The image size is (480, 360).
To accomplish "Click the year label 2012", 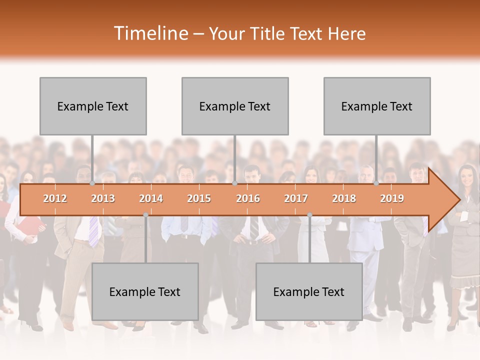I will click(55, 198).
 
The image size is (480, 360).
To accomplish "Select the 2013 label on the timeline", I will click(103, 198).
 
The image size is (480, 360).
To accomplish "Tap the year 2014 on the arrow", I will click(151, 198).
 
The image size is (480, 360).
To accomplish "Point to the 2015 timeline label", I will click(199, 198).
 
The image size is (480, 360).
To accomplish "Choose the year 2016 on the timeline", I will click(248, 198).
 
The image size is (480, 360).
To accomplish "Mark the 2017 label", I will click(296, 198).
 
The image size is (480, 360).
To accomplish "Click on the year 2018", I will click(344, 198).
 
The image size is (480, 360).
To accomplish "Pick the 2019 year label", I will click(392, 198).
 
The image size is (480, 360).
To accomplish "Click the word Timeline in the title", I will click(150, 33).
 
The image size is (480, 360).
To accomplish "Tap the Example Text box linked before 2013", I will click(93, 106).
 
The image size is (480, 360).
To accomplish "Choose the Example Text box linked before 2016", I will click(235, 106).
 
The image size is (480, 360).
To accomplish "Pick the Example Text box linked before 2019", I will click(377, 106).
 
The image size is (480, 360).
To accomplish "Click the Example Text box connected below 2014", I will click(145, 291).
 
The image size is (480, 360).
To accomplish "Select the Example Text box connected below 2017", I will click(309, 291).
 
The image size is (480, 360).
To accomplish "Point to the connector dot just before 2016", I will click(235, 183).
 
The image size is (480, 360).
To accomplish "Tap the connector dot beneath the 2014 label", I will click(145, 215).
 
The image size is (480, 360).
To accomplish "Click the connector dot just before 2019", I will click(376, 183).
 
